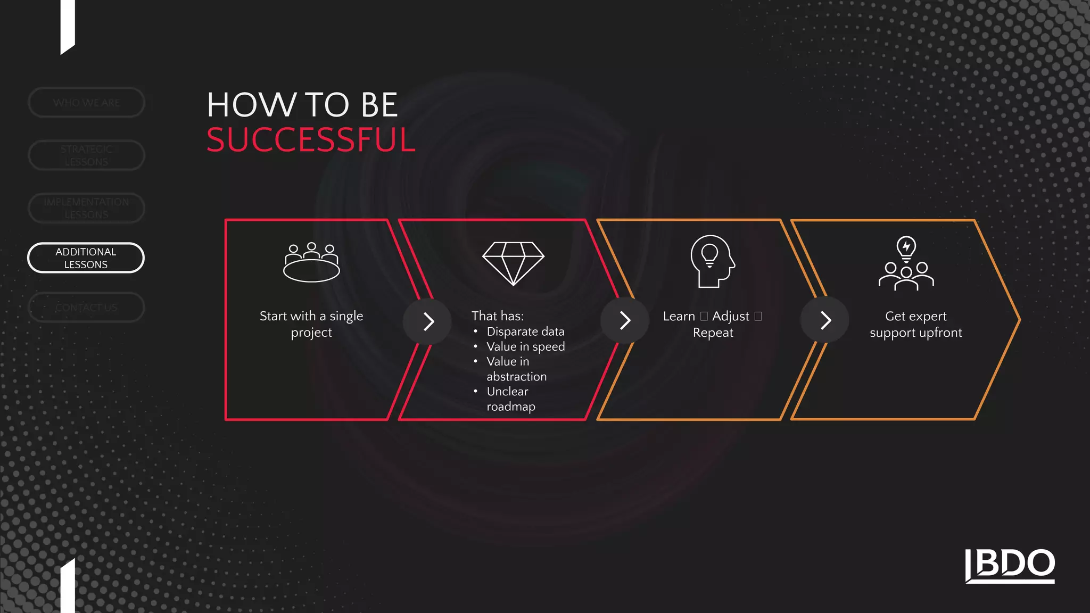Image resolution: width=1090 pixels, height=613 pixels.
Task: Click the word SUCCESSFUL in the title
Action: pos(311,140)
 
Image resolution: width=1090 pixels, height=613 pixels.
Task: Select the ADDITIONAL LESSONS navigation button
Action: pos(86,258)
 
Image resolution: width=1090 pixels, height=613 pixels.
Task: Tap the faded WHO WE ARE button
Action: pos(86,102)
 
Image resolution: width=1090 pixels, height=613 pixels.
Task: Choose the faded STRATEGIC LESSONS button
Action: pos(86,155)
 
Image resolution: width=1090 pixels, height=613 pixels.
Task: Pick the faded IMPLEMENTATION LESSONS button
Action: pos(86,208)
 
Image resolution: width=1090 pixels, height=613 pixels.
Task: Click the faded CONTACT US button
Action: pos(86,308)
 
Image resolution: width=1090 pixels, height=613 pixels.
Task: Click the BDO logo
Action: pos(1010,565)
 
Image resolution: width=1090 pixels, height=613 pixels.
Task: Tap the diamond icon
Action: pos(513,263)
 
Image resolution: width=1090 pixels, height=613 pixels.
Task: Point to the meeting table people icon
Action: pos(311,262)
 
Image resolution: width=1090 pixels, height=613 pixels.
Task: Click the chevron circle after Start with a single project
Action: pos(427,321)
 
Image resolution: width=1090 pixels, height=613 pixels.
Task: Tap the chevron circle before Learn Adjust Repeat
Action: pos(624,320)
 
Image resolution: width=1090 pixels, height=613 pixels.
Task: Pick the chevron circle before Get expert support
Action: pos(824,320)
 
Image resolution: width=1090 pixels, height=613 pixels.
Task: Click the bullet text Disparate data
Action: pos(525,332)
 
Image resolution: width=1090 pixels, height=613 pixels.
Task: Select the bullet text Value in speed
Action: pos(525,347)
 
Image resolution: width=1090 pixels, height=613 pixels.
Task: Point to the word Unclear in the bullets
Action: pos(507,392)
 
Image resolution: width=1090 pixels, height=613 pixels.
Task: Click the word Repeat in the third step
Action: pos(713,333)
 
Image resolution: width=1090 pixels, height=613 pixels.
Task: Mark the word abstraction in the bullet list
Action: pos(516,377)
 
